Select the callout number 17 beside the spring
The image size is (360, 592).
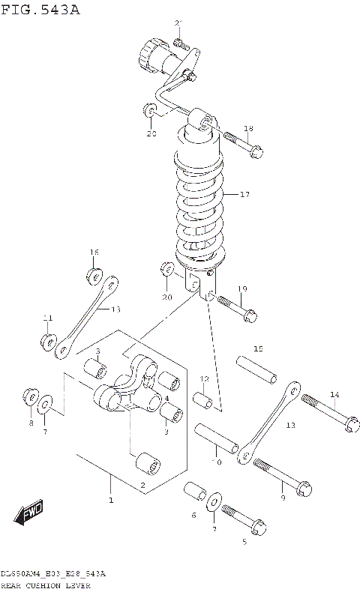(x=244, y=195)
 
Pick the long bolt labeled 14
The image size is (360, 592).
(x=327, y=413)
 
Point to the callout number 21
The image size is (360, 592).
(x=178, y=23)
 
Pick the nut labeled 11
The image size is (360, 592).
(x=48, y=342)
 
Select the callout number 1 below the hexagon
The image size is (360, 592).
(x=111, y=500)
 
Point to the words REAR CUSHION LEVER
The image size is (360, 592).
(x=46, y=585)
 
